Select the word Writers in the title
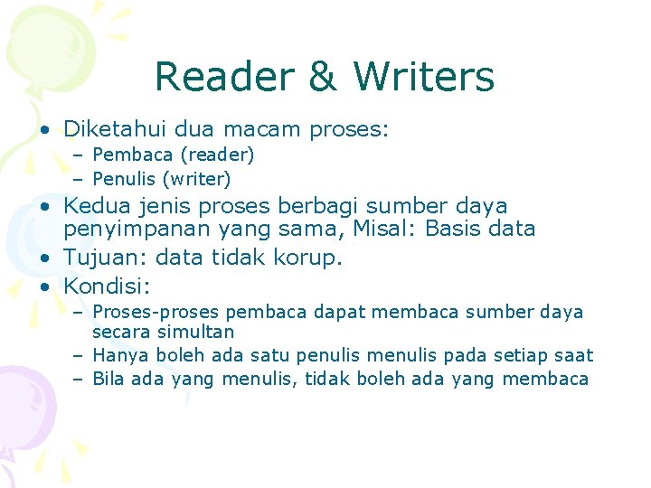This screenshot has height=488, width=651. click(x=424, y=77)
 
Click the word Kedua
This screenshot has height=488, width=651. click(x=94, y=206)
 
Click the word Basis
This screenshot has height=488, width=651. click(x=442, y=229)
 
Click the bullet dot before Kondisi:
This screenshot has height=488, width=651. click(x=44, y=286)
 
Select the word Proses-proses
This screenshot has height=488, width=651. click(x=156, y=313)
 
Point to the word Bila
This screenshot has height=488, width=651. click(x=108, y=380)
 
